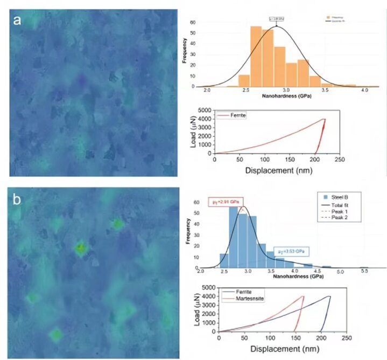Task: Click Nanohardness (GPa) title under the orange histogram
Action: pos(286,98)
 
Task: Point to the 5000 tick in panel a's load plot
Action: pos(204,110)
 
